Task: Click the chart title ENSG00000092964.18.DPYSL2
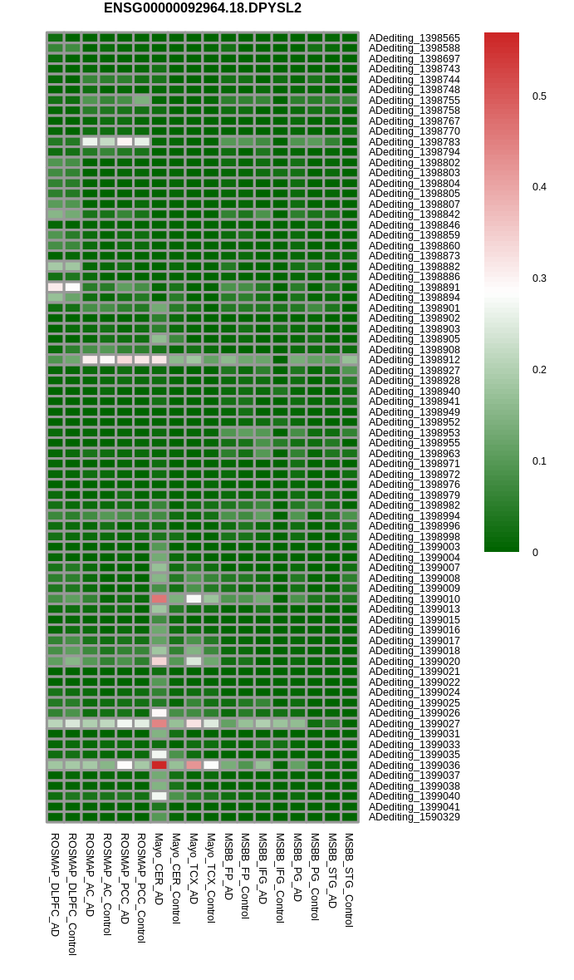203,8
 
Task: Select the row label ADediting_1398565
415,38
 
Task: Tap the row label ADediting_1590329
415,817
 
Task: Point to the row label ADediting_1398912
415,360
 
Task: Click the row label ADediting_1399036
415,765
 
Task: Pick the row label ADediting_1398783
415,142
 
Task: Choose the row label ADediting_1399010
415,598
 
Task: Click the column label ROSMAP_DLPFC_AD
55,884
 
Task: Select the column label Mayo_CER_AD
159,869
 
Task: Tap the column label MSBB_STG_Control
349,880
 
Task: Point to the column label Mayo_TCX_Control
211,878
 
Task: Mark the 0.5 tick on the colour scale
539,96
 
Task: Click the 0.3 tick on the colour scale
539,278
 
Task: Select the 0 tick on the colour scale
535,553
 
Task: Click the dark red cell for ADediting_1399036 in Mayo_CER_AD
159,765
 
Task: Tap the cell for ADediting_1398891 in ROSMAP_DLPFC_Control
72,288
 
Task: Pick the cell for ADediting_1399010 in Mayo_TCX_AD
194,598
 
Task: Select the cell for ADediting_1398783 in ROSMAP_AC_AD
90,142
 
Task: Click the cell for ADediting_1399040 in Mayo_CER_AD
159,796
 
